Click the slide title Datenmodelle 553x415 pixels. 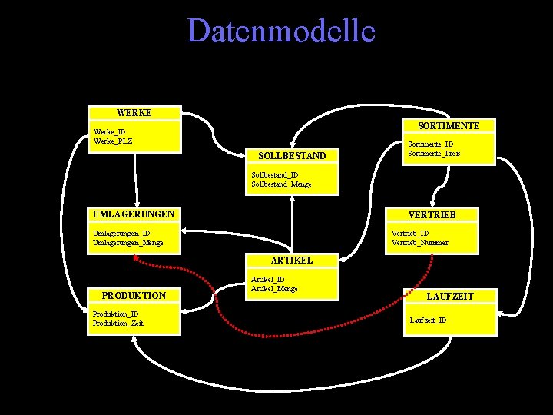tap(281, 32)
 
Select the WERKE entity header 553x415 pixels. tap(134, 113)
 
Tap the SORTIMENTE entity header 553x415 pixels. tap(449, 125)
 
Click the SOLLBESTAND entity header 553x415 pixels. tap(292, 156)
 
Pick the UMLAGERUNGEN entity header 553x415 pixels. tap(133, 214)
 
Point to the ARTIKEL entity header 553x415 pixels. tap(293, 261)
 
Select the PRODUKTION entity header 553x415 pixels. tap(134, 295)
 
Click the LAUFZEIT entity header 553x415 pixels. tap(450, 296)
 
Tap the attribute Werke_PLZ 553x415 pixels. tap(112, 141)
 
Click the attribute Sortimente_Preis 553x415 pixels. tap(434, 154)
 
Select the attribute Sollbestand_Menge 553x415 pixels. tap(281, 184)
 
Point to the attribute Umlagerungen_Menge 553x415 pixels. tap(127, 243)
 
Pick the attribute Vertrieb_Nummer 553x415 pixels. tap(419, 243)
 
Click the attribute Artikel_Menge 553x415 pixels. tap(274, 289)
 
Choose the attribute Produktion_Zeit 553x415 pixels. tap(118, 324)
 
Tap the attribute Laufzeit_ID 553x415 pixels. tap(428, 320)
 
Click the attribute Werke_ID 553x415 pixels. tap(109, 131)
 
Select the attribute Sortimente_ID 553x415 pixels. tap(430, 144)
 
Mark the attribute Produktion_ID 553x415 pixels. tap(115, 314)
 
